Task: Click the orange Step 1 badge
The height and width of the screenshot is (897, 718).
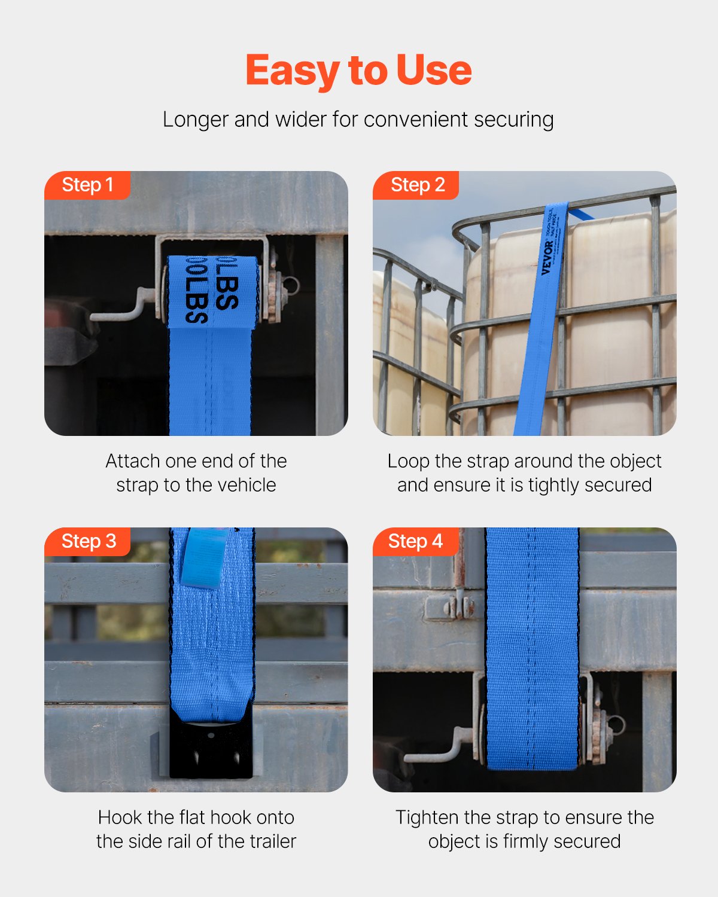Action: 87,185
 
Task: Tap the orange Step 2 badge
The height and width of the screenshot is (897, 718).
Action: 417,185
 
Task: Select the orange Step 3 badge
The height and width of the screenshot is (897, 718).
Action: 88,541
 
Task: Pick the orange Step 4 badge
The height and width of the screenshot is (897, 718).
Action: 415,541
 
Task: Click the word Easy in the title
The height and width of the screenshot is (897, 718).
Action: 293,71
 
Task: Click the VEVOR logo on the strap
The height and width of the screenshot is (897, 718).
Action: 547,258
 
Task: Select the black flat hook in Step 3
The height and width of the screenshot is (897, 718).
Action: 211,748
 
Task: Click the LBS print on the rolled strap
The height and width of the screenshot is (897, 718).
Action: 212,290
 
